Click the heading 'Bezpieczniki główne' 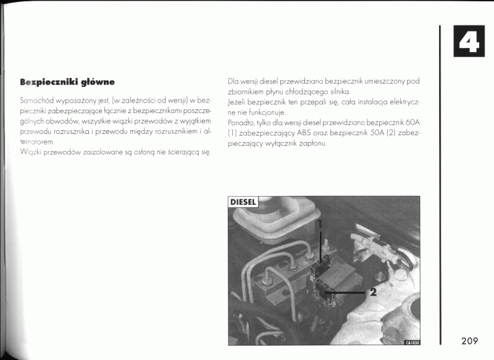click(67, 82)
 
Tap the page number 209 click(469, 341)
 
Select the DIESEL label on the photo click(243, 202)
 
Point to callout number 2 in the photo click(372, 292)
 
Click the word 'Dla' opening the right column click(233, 80)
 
